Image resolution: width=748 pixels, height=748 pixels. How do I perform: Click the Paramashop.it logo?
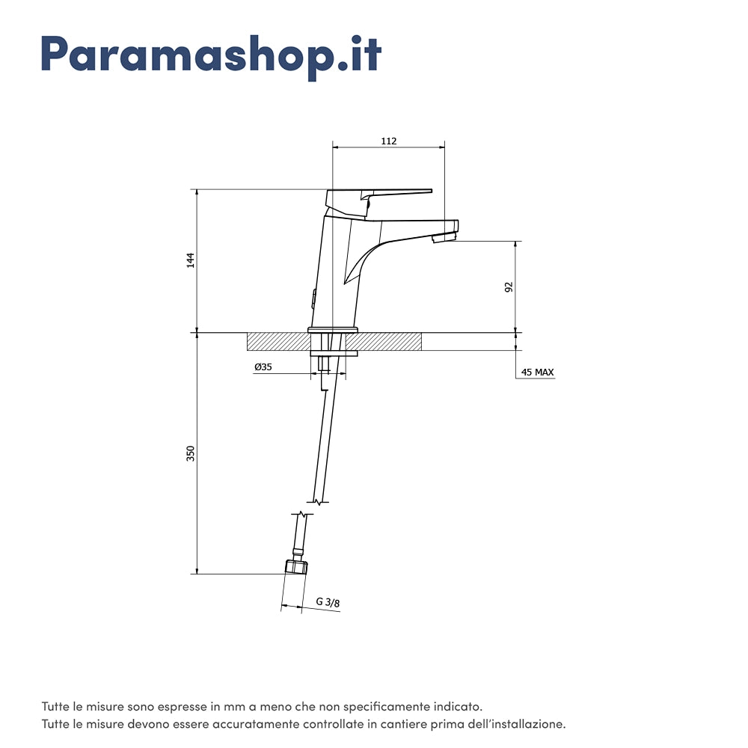coord(212,56)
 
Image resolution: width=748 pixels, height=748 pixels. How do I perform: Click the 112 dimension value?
coord(389,141)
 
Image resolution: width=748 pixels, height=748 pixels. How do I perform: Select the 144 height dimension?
coord(190,260)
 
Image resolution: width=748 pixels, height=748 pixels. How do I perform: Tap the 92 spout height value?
coord(509,286)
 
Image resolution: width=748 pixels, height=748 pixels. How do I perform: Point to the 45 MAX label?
coord(537,372)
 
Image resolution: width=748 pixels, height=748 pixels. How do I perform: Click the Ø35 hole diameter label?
coord(263,367)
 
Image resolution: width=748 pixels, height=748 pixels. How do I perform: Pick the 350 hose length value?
coord(190,453)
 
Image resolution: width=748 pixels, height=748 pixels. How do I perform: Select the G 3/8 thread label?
coord(328,602)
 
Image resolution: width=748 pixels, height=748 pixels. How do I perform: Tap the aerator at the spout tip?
coord(444,238)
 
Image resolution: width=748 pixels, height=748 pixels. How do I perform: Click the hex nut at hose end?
coord(295,567)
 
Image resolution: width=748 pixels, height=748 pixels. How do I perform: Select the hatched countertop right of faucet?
coord(384,342)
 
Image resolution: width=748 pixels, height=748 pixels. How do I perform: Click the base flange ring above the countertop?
coord(333,330)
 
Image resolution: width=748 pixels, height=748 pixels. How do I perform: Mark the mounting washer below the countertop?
coord(333,354)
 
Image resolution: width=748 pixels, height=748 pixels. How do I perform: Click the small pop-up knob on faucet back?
coord(313,298)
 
